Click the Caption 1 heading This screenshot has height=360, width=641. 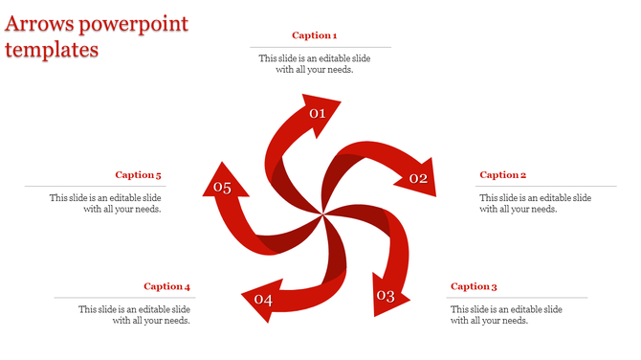[x=315, y=35]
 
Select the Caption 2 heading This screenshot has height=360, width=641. [x=503, y=175]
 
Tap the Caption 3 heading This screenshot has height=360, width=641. [x=475, y=286]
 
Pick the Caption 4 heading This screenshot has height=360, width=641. [x=167, y=286]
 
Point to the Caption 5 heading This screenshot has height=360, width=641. [x=139, y=175]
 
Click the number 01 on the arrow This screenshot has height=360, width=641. [x=318, y=114]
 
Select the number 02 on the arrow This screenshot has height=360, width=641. [x=418, y=178]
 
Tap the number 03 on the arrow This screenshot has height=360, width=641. [x=386, y=296]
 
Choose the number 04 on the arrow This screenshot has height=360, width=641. [x=263, y=301]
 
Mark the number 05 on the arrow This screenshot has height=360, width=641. [x=223, y=188]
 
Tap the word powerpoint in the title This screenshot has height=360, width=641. [x=136, y=24]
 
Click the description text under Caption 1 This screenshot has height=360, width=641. [x=315, y=64]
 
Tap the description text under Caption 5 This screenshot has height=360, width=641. [x=105, y=204]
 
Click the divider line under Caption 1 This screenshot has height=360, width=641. [x=320, y=47]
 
